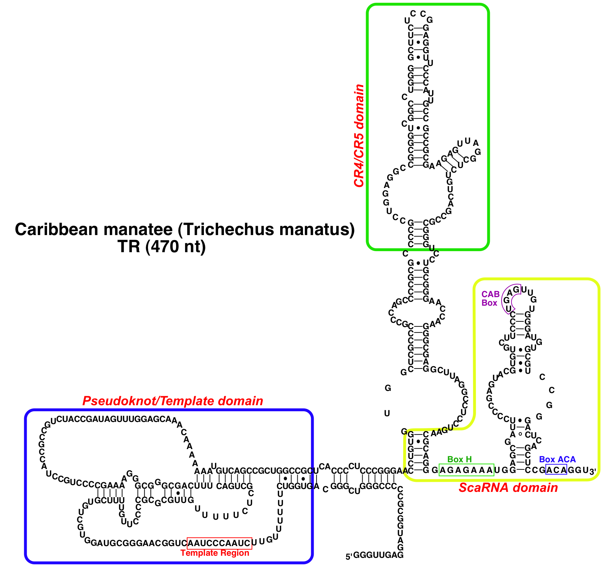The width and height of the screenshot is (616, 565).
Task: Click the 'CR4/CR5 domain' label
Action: [x=359, y=136]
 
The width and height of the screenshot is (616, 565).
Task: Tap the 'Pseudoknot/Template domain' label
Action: [x=173, y=401]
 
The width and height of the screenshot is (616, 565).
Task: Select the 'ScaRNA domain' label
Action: [x=508, y=488]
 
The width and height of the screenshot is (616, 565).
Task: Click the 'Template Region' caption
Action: [x=215, y=553]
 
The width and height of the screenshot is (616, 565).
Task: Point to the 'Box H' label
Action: [x=459, y=459]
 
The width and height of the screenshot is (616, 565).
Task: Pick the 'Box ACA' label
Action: [x=557, y=459]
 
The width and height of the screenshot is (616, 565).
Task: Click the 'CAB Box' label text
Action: [x=490, y=299]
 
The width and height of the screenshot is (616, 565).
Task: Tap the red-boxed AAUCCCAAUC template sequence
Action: [x=219, y=543]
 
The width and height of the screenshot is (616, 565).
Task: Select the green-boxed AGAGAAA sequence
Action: [x=466, y=470]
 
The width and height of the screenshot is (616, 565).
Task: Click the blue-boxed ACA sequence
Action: [x=556, y=470]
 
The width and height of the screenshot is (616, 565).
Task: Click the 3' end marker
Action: [x=592, y=471]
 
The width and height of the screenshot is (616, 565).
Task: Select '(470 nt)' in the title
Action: [x=175, y=246]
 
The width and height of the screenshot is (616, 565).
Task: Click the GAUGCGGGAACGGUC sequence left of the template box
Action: [x=139, y=543]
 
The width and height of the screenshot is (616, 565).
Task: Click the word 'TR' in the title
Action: [x=129, y=246]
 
